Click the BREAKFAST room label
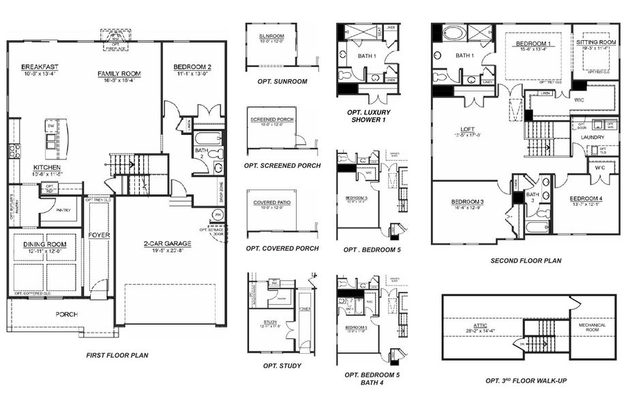click(x=40, y=66)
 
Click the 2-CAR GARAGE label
click(x=168, y=243)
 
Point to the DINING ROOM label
click(x=44, y=243)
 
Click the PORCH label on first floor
click(x=66, y=314)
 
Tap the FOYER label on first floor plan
click(x=99, y=235)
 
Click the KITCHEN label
click(x=47, y=167)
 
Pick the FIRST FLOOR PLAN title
click(x=117, y=355)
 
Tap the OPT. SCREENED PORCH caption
click(x=281, y=166)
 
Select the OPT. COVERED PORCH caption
click(x=282, y=248)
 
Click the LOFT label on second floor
click(x=466, y=128)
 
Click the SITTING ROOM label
click(x=595, y=42)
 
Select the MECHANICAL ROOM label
click(x=592, y=328)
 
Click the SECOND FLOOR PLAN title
click(x=526, y=260)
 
